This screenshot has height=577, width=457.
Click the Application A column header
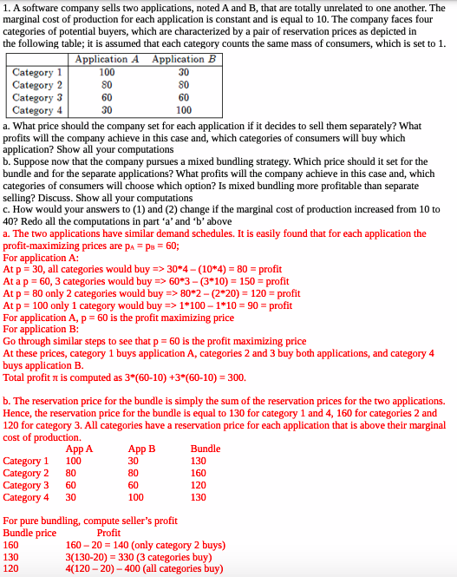coord(108,59)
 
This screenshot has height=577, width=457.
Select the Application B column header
coord(184,59)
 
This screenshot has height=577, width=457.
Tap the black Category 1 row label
coord(37,72)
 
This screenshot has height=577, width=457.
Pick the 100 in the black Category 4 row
coord(184,110)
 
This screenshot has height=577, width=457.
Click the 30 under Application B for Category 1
coord(184,72)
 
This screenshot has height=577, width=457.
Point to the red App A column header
coord(79,449)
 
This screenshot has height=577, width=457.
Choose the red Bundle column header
coord(206,449)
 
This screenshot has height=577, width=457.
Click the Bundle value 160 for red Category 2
coord(199,473)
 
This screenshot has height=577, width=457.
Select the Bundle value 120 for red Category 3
coord(199,485)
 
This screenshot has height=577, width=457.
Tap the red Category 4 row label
coord(27,497)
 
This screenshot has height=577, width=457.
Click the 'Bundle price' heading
coord(29,533)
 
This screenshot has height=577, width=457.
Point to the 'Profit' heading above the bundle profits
coord(108,533)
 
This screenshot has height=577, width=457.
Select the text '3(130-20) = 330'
coord(99,557)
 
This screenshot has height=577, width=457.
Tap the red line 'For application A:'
coord(41,258)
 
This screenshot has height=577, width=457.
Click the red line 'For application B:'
coord(41,329)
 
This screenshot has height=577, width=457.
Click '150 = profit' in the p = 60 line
coord(261,281)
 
